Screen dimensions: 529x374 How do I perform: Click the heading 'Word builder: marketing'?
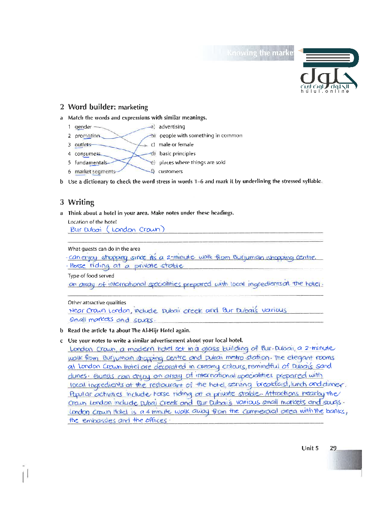pos(108,107)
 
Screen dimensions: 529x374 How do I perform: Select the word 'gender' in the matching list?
pos(83,127)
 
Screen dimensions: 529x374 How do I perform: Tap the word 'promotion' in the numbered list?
pos(87,136)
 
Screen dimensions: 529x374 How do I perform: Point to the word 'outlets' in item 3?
pos(83,145)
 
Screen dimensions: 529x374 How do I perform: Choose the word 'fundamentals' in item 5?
pos(91,163)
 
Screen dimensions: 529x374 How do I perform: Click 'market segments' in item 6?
pos(95,172)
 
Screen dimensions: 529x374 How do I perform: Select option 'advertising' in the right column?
pos(172,127)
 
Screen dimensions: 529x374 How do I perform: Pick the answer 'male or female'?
pos(176,145)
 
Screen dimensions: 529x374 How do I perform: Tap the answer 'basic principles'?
pos(177,154)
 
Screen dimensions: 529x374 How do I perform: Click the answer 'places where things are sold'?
pos(192,163)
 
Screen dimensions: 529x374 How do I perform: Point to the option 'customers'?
pos(170,172)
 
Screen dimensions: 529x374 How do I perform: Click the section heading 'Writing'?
pos(81,202)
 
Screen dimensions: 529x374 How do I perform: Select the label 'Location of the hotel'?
pos(92,222)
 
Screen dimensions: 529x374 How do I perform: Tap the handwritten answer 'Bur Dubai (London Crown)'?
pos(117,230)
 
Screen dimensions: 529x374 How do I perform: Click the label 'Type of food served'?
pos(91,276)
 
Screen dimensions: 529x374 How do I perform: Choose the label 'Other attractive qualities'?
pos(97,303)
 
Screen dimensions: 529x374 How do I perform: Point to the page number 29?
pos(333,448)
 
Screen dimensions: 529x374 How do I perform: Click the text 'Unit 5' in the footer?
pos(310,448)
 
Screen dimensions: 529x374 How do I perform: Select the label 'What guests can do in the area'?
pos(104,249)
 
